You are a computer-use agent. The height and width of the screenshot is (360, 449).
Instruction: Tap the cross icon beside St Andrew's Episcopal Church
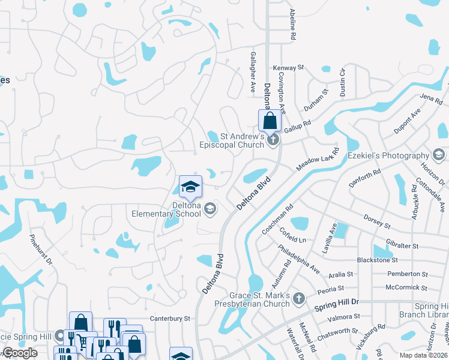[274, 140]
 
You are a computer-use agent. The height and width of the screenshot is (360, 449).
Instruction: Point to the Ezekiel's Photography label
[388, 156]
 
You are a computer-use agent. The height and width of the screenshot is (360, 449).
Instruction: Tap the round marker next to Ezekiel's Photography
[439, 156]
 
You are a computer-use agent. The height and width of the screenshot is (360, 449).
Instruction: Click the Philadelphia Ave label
[299, 258]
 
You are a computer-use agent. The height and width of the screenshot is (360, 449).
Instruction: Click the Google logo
[20, 353]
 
